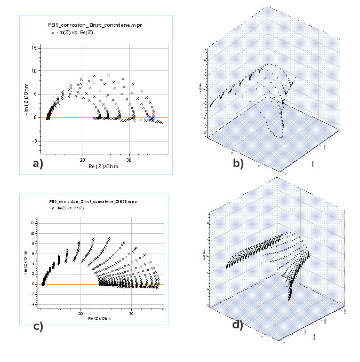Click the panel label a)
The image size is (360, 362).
37,164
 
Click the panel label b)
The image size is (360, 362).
238,164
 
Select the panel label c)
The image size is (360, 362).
38,327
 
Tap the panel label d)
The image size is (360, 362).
237,324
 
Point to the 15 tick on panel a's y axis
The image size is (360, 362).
34,48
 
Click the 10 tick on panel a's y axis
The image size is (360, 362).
34,71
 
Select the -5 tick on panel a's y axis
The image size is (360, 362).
34,141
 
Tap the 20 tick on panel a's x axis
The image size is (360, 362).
82,160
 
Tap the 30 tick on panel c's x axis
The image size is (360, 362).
131,313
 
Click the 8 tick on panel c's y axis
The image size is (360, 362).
34,243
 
